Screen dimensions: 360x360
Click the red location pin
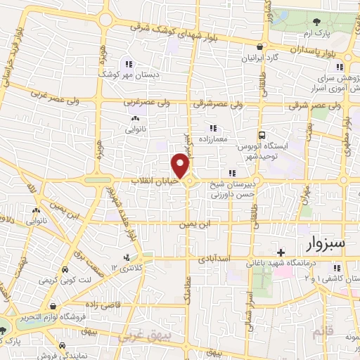click(181, 166)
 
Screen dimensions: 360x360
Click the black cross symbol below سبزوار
click(281, 252)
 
